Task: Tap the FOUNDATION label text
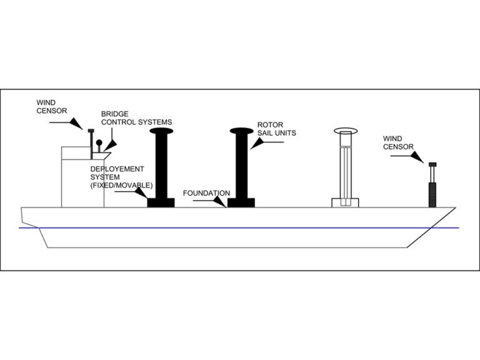(207, 193)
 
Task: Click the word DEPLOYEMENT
(117, 169)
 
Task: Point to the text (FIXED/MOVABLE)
(121, 186)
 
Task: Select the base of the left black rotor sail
(160, 202)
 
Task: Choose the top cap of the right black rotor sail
(241, 131)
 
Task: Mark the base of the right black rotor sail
(241, 202)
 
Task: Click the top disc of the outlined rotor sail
(344, 132)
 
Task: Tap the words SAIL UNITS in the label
(276, 133)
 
